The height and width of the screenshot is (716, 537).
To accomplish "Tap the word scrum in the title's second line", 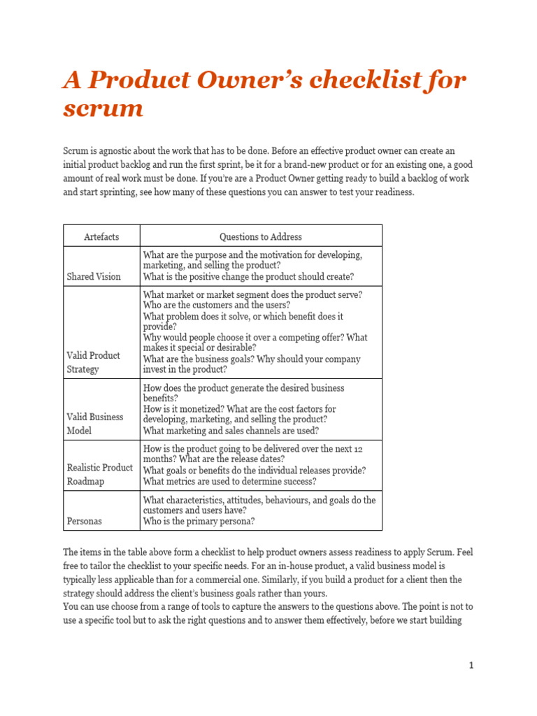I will pyautogui.click(x=103, y=108).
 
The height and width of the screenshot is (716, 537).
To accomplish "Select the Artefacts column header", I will pyautogui.click(x=101, y=236).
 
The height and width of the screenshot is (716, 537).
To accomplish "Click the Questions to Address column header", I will pyautogui.click(x=261, y=236).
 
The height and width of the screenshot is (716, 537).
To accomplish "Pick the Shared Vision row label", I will pyautogui.click(x=94, y=276).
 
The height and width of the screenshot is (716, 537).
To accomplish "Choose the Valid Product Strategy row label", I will pyautogui.click(x=93, y=362).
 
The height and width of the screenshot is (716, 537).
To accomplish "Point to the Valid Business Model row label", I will pyautogui.click(x=95, y=424).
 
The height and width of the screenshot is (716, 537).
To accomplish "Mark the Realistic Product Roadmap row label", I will pyautogui.click(x=99, y=474).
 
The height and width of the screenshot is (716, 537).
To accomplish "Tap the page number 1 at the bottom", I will pyautogui.click(x=471, y=666).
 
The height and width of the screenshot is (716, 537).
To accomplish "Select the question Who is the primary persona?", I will pyautogui.click(x=199, y=521).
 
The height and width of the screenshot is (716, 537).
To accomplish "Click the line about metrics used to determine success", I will pyautogui.click(x=229, y=481).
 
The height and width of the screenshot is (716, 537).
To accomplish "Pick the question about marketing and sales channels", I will pyautogui.click(x=231, y=431).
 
